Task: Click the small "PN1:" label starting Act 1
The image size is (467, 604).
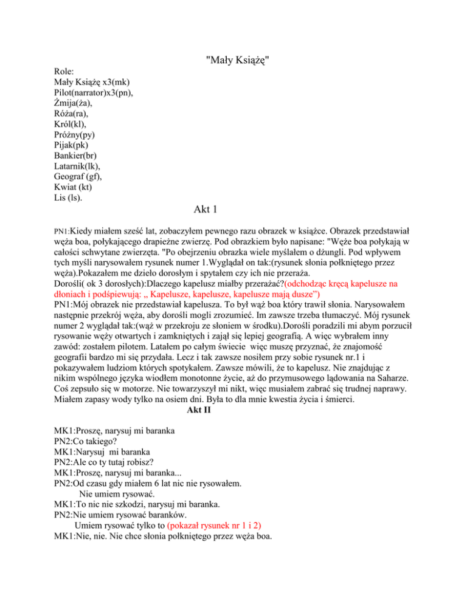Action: pyautogui.click(x=61, y=232)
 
